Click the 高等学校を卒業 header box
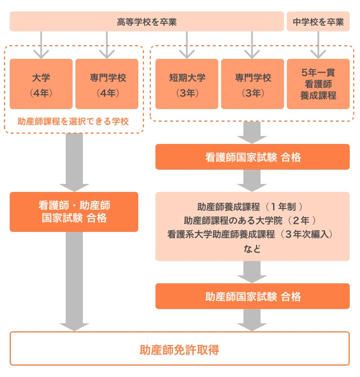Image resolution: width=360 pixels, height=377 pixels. click(x=147, y=21)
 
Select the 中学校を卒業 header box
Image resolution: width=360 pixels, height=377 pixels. click(x=318, y=21)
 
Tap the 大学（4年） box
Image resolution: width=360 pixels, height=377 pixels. click(x=41, y=84)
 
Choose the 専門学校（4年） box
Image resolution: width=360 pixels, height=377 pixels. click(x=107, y=84)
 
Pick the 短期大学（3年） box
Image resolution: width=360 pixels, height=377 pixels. click(x=187, y=84)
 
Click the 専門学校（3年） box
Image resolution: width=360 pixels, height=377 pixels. click(x=253, y=84)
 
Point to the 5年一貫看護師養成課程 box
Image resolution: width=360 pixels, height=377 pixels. click(x=318, y=84)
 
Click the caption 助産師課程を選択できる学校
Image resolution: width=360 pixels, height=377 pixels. click(x=73, y=122)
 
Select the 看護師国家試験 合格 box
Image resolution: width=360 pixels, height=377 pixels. click(x=253, y=157)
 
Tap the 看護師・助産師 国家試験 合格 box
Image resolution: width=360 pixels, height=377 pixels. click(x=74, y=212)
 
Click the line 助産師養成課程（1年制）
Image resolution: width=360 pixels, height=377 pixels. click(x=250, y=207)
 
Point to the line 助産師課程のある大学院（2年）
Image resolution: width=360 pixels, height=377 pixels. click(x=250, y=220)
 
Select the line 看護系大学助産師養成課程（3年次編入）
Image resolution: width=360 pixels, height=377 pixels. click(x=250, y=234)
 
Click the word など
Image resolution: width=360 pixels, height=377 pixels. click(x=252, y=249)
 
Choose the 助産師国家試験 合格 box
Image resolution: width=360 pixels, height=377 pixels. click(x=253, y=296)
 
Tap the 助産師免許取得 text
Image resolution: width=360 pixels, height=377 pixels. click(x=179, y=350)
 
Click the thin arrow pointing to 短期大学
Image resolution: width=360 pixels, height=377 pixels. click(x=187, y=45)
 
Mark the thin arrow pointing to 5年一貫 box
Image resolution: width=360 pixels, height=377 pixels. click(x=318, y=45)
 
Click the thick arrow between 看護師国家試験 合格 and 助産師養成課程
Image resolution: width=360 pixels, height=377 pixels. click(x=252, y=181)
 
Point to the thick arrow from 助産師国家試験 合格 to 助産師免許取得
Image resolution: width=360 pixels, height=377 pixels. click(x=252, y=320)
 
